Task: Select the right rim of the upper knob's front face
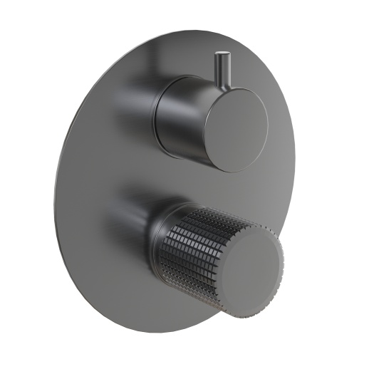pyautogui.click(x=266, y=128)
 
